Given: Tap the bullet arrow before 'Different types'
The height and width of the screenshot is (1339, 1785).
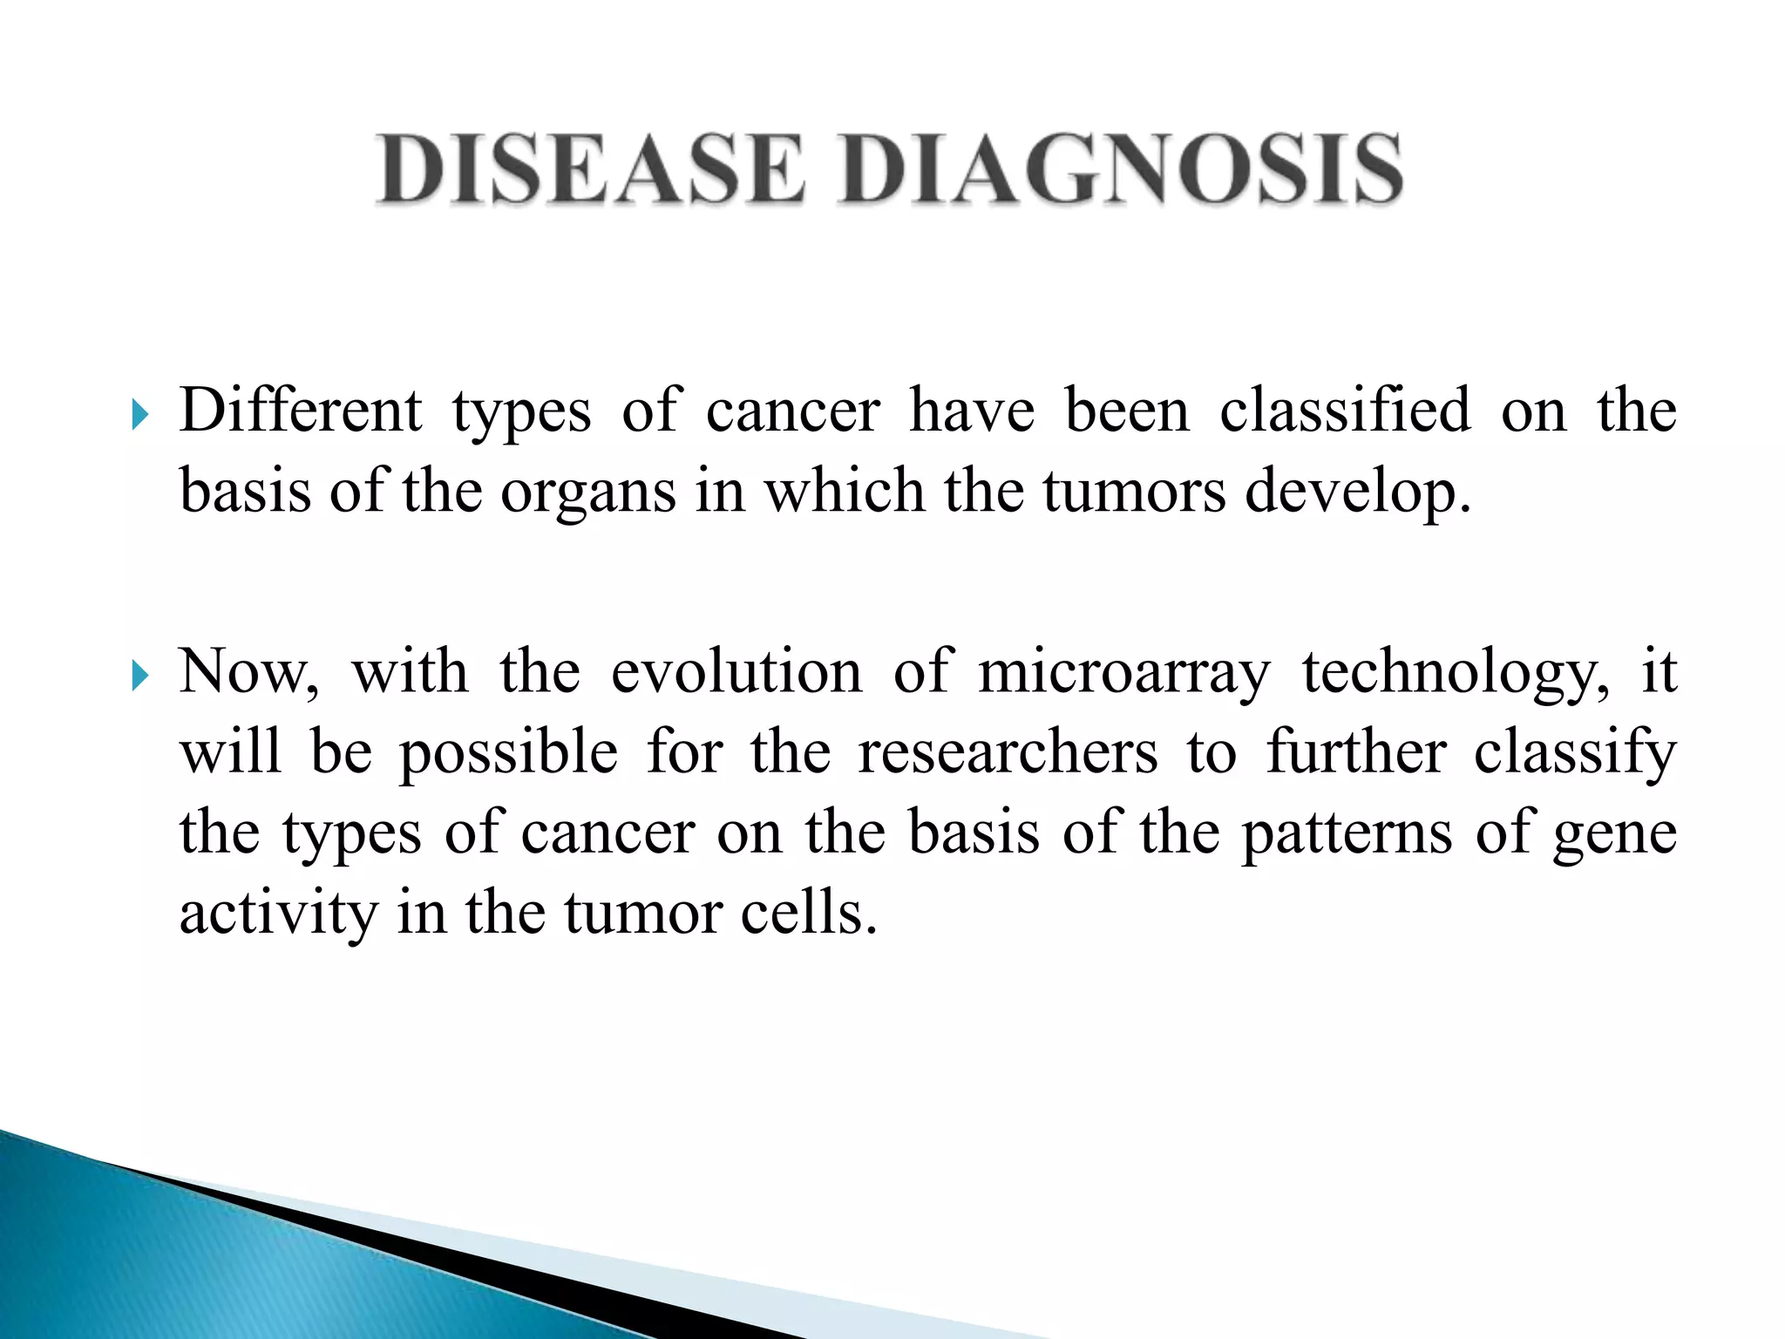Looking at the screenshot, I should click(x=140, y=416).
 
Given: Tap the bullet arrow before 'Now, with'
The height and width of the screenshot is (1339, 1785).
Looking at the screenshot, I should click(x=140, y=676).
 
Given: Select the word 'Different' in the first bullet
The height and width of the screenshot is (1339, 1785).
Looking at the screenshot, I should click(x=301, y=410).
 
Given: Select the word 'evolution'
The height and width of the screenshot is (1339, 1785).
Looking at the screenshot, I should click(x=736, y=673).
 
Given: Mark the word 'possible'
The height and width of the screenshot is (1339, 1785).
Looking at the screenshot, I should click(x=509, y=753).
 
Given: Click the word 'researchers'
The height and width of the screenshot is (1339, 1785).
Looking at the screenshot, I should click(x=1008, y=751).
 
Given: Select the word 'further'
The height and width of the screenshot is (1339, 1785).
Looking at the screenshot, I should click(x=1356, y=751).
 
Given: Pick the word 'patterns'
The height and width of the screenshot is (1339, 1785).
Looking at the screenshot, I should click(x=1347, y=833).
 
